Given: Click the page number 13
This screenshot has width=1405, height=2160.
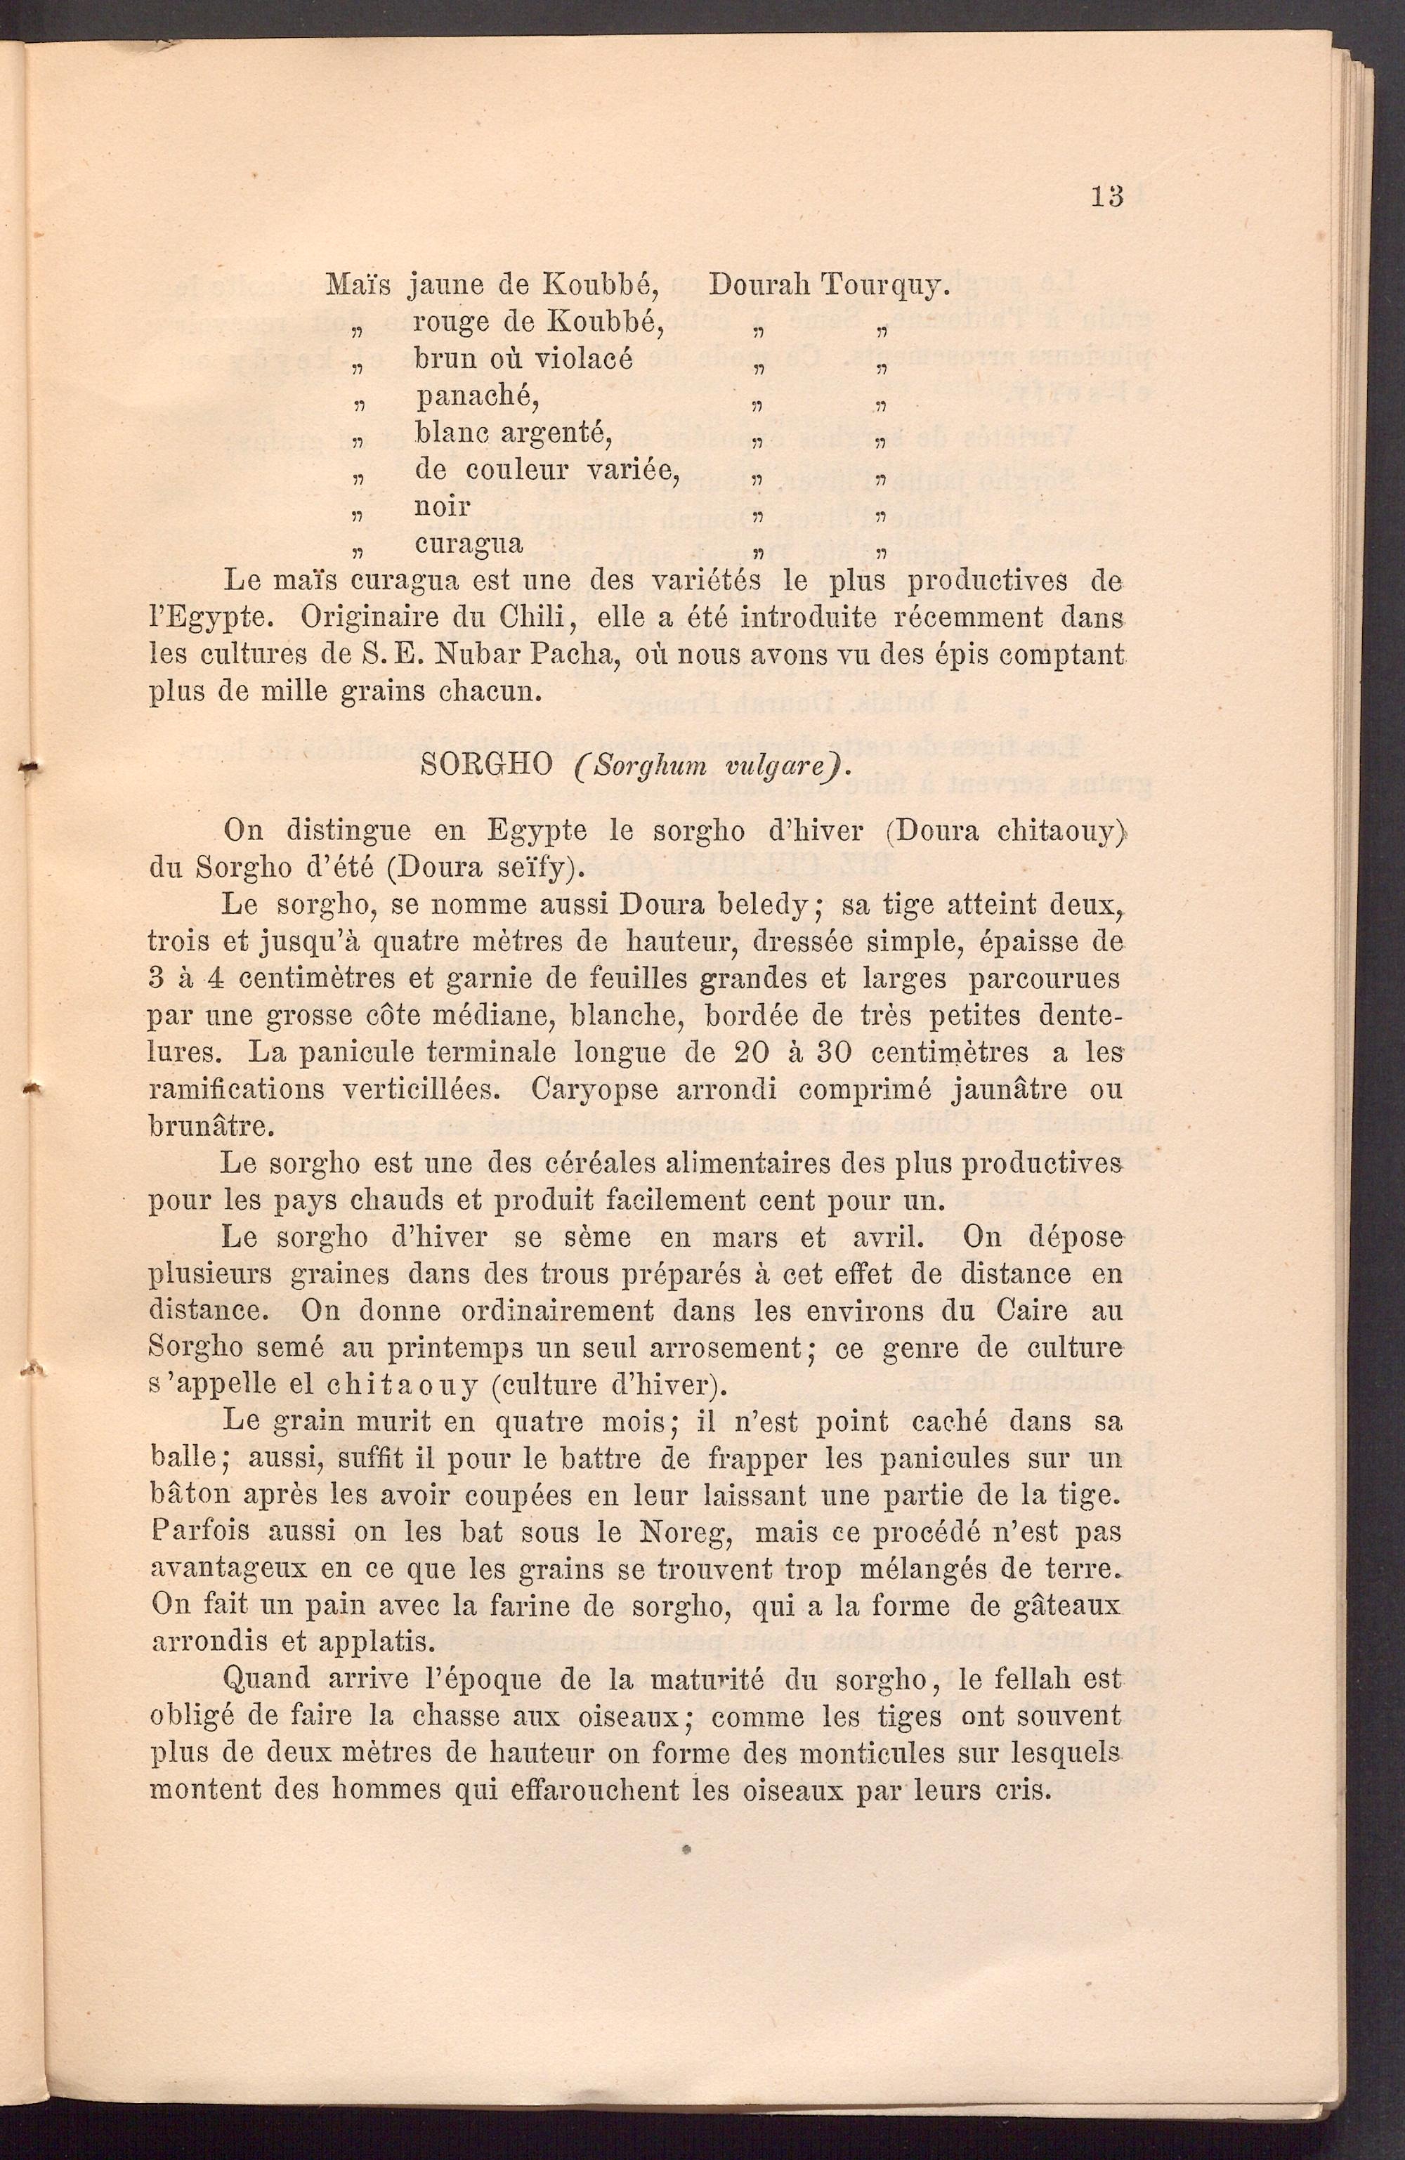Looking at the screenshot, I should (x=1107, y=196).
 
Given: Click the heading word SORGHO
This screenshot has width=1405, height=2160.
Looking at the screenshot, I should (x=488, y=765).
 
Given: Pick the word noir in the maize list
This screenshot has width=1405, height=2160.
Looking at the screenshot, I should (x=442, y=506).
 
